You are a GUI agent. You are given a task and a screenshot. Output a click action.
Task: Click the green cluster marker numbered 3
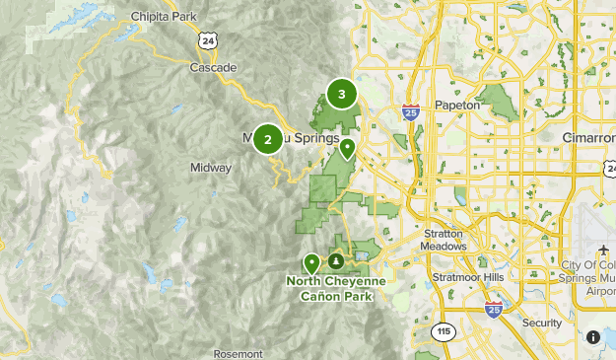coord(341,95)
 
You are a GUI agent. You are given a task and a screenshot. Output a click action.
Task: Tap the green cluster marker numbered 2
coord(267,139)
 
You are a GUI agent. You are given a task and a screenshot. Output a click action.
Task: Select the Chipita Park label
coord(164,16)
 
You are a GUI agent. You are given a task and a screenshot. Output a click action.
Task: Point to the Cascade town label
coord(214,67)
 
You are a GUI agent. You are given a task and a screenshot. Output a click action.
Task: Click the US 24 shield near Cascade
coord(206,38)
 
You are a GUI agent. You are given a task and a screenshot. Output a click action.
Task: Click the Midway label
coord(211,168)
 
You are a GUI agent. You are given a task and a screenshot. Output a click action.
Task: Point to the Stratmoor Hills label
coord(468,277)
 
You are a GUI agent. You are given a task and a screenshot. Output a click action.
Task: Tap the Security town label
coord(541,323)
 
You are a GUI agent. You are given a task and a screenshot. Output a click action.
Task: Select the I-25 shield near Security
coord(493,310)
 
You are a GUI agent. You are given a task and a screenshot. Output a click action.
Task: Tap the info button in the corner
coord(592,336)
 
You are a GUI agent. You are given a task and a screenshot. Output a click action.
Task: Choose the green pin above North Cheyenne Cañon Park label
coord(311,263)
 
